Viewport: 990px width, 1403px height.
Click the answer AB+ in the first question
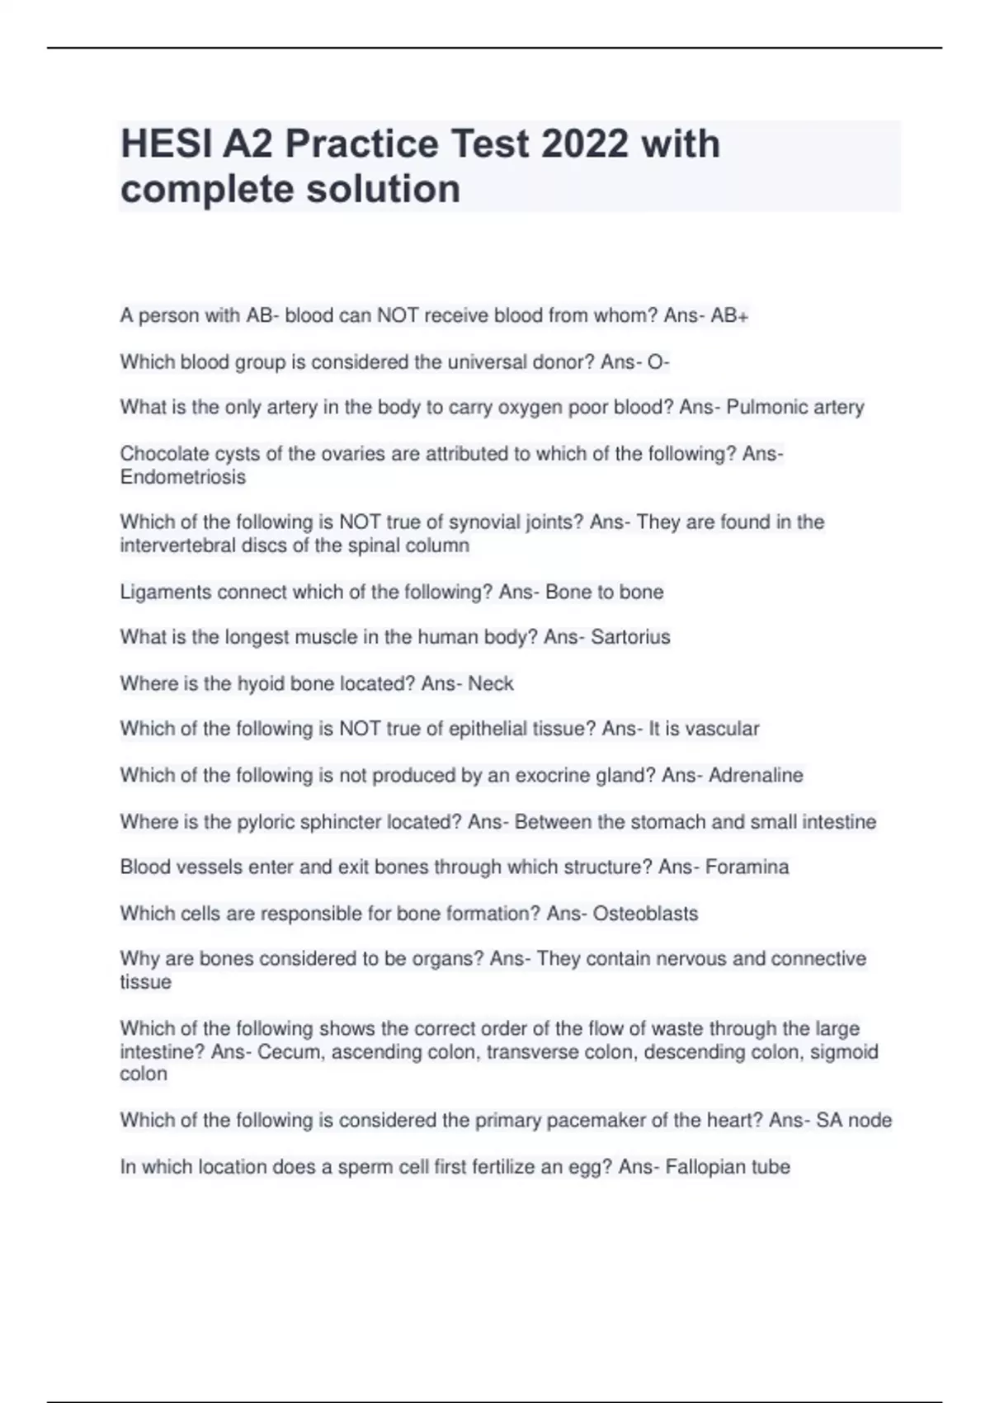729,316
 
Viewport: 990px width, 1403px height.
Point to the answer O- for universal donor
658,362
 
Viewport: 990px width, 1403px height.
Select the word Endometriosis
183,478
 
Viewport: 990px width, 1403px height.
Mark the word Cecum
286,1052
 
